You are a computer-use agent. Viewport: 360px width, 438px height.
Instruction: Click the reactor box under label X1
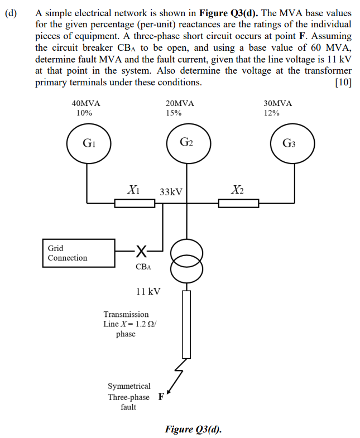click(135, 204)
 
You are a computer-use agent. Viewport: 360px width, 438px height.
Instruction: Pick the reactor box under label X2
click(238, 204)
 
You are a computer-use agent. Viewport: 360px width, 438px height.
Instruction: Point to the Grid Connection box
click(79, 253)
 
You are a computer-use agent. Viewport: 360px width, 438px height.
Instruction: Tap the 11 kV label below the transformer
click(148, 291)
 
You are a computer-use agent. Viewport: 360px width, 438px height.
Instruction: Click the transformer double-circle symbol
click(184, 260)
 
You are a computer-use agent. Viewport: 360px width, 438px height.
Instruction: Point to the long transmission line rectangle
click(186, 324)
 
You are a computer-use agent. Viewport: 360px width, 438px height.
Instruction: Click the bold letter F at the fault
click(161, 397)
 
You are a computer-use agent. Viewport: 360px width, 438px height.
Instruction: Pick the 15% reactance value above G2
click(174, 113)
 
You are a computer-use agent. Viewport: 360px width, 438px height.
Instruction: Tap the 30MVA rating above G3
click(277, 104)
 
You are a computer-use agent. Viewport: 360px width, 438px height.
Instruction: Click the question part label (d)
click(11, 12)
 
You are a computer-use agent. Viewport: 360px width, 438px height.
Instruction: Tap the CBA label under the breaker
click(143, 267)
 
